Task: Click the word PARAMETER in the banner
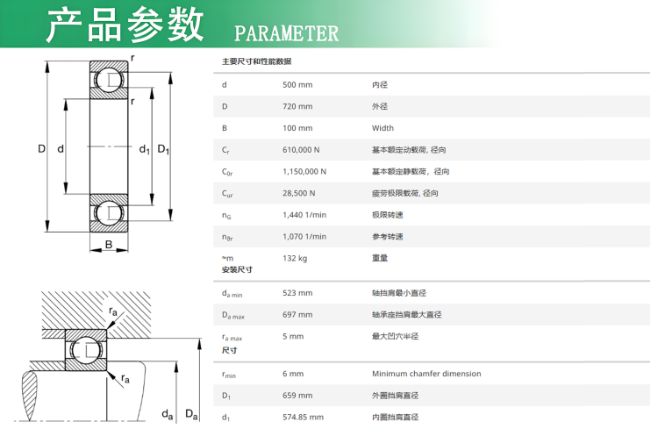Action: click(286, 33)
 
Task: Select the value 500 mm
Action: click(297, 85)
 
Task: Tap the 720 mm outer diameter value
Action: click(297, 107)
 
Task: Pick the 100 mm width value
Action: click(297, 128)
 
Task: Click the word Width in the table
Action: click(383, 128)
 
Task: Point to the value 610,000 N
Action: click(301, 150)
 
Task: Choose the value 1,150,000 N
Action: click(304, 172)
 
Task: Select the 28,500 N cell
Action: click(299, 193)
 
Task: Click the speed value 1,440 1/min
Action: click(304, 215)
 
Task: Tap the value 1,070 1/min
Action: click(304, 237)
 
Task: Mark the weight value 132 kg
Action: click(295, 259)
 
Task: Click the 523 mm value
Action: click(297, 293)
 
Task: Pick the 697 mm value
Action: click(297, 315)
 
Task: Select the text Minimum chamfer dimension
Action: click(426, 374)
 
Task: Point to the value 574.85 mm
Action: click(303, 418)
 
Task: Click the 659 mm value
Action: click(297, 396)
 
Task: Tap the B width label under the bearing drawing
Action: click(109, 244)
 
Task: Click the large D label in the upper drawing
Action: click(41, 148)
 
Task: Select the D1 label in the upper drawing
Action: click(163, 149)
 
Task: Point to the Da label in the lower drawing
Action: click(192, 415)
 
